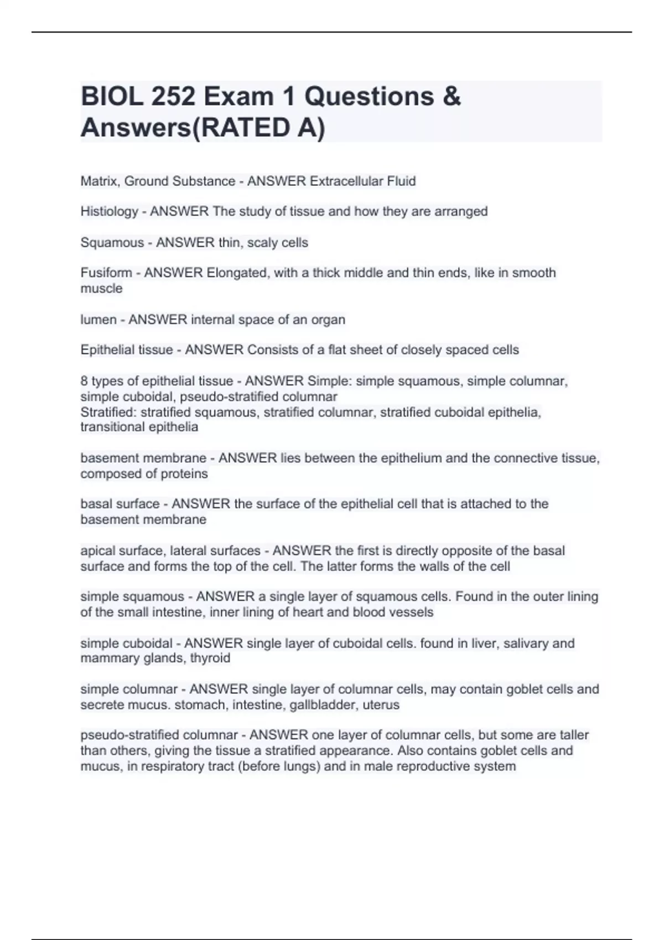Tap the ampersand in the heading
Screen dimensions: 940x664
click(x=452, y=97)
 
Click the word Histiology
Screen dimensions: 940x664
click(x=110, y=211)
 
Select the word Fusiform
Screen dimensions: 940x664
click(x=106, y=273)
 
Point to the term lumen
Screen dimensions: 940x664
click(x=98, y=320)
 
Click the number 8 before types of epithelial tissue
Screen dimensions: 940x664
click(x=84, y=381)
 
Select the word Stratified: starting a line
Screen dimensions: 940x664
click(x=108, y=412)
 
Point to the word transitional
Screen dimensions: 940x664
click(x=113, y=427)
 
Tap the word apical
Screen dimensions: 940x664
click(x=97, y=551)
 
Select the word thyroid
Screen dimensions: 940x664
click(x=210, y=658)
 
